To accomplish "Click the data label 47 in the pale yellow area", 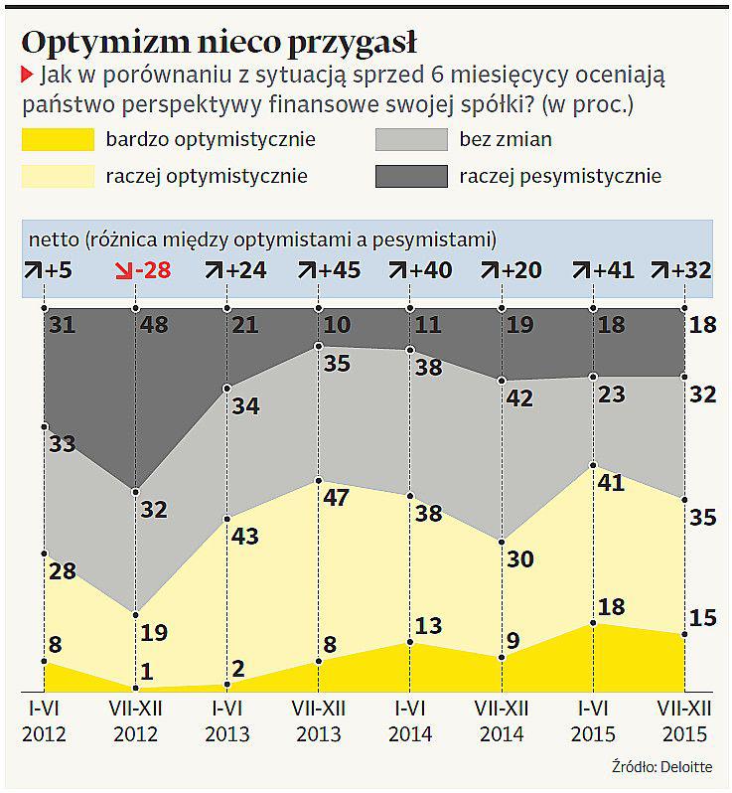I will [338, 497].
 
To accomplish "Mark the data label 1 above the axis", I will [146, 672].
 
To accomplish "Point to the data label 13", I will [430, 625].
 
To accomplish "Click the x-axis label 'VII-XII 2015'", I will [683, 723].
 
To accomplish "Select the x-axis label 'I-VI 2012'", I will [44, 723].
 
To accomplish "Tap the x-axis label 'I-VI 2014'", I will [410, 723].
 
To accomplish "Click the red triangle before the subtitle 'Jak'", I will [27, 74].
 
